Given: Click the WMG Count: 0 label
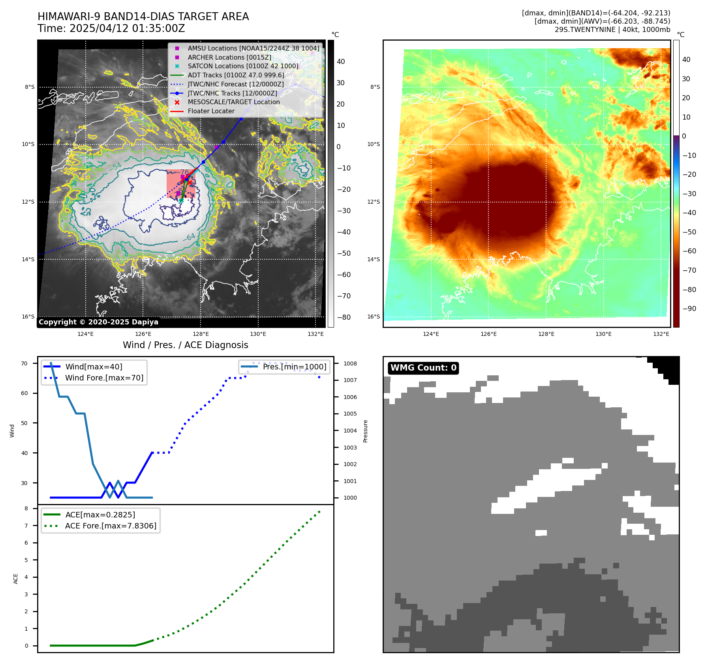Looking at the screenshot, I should (423, 368).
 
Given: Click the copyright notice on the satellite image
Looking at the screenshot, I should (98, 322).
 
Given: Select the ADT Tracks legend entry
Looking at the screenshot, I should (236, 75).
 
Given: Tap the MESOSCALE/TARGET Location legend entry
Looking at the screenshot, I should (233, 102).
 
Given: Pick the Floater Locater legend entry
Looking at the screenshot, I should (211, 111).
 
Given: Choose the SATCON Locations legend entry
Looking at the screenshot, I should (243, 66).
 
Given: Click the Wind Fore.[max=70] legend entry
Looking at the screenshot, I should (104, 378).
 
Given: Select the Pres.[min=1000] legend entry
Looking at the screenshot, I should (294, 367).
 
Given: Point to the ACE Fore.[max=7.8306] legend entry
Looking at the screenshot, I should (111, 526).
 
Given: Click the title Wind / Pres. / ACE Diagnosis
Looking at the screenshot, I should (185, 345).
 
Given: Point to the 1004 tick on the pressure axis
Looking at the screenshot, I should (350, 431).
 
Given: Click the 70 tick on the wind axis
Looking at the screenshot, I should (24, 363).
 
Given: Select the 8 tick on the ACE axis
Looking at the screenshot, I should (26, 508).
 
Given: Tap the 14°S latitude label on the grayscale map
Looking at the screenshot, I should (28, 259).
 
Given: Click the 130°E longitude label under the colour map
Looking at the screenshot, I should (603, 334).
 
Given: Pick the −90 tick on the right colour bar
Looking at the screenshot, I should (689, 309).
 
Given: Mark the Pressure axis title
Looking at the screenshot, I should (365, 431).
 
